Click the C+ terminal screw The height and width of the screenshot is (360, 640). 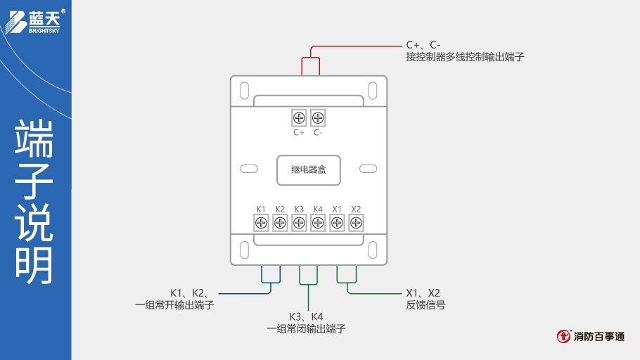tap(299, 118)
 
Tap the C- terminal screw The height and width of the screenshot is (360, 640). tap(318, 118)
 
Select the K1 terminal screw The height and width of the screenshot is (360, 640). tap(261, 223)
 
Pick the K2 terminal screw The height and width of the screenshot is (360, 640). tap(280, 223)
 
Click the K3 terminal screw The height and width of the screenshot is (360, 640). tap(299, 223)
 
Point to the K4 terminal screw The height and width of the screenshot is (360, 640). tap(318, 223)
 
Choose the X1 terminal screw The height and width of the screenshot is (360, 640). tap(337, 223)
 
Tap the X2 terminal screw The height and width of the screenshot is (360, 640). tap(356, 223)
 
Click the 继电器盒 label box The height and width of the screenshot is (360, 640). tap(309, 170)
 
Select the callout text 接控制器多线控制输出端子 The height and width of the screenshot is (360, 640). tap(465, 57)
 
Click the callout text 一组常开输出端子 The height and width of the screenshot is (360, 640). tap(174, 305)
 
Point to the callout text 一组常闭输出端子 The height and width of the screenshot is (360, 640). tap(306, 328)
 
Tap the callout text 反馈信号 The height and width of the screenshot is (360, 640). tap(425, 305)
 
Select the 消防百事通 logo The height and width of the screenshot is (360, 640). tap(591, 336)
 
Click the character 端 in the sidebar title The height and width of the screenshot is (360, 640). tap(34, 139)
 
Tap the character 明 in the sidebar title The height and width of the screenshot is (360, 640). tap(34, 266)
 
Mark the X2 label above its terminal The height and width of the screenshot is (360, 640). tap(356, 209)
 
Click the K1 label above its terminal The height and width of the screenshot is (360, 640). tap(261, 209)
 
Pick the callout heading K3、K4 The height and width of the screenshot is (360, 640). tap(306, 316)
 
